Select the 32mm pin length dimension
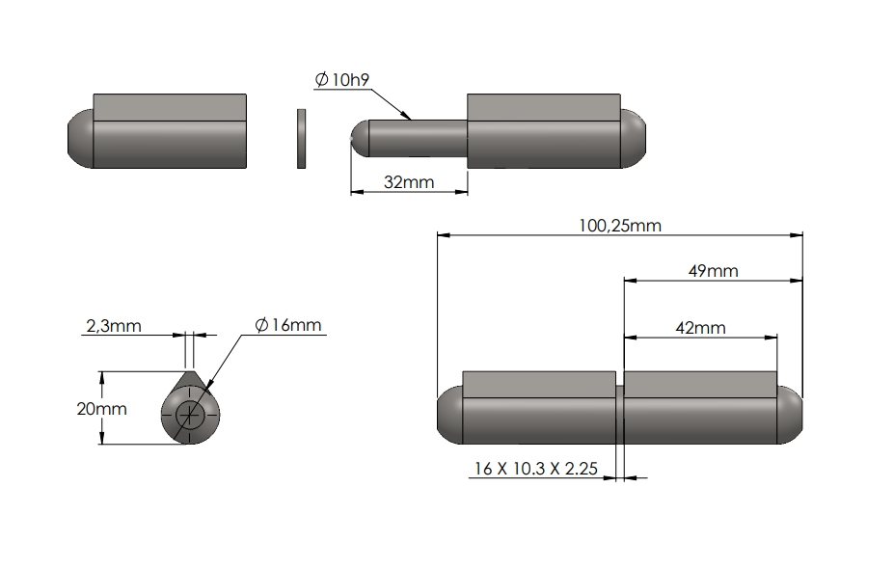tap(409, 181)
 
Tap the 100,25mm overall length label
tap(619, 225)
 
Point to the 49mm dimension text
tap(713, 271)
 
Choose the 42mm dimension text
tap(700, 327)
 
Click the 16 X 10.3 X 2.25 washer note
tap(535, 469)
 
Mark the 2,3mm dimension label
tap(114, 326)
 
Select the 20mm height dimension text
tap(101, 408)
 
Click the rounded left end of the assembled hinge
tap(447, 415)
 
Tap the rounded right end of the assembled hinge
tap(791, 415)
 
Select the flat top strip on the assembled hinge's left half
tap(538, 384)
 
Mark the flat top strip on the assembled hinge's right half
tap(700, 384)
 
